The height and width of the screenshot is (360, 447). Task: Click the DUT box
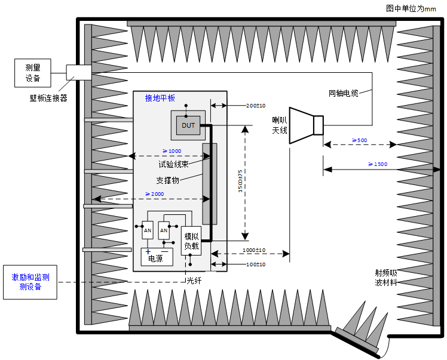pos(188,125)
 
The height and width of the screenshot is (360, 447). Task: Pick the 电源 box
pos(155,258)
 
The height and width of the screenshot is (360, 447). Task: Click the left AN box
pos(147,229)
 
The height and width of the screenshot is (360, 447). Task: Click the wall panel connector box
pos(78,71)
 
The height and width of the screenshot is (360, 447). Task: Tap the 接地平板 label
pos(160,98)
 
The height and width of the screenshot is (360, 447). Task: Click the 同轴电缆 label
pos(344,93)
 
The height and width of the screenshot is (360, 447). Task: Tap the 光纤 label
pos(194,280)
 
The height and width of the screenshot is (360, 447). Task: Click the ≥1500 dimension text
pos(378,164)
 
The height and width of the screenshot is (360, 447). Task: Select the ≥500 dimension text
pos(359,140)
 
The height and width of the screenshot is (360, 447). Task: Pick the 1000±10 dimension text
pos(254,250)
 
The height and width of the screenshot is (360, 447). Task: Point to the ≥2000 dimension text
pos(154,194)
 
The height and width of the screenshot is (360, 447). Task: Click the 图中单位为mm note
pos(411,8)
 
